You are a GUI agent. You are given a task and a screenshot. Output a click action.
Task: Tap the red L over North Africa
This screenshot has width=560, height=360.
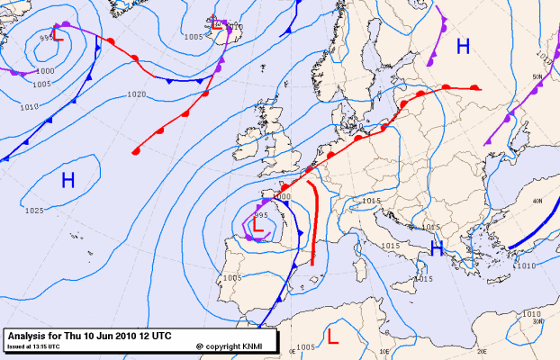pyautogui.click(x=332, y=337)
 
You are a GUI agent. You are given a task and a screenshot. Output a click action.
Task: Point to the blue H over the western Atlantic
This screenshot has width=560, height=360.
pyautogui.click(x=68, y=180)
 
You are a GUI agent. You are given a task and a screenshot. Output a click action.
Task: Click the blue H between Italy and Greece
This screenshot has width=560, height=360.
pyautogui.click(x=438, y=247)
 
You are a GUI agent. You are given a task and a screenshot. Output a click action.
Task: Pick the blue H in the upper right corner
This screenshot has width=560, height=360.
pyautogui.click(x=463, y=47)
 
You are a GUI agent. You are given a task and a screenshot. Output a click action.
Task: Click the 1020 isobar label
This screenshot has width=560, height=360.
pyautogui.click(x=137, y=94)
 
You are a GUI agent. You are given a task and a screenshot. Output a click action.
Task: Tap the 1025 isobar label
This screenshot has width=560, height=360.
pyautogui.click(x=34, y=211)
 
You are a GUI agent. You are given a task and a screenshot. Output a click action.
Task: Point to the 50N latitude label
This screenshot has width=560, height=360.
pyautogui.click(x=537, y=77)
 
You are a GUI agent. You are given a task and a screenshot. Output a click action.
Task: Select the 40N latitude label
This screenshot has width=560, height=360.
pyautogui.click(x=537, y=202)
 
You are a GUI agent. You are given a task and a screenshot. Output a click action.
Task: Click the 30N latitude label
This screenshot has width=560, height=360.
pyautogui.click(x=537, y=321)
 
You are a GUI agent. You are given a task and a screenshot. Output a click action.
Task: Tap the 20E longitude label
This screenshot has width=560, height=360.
pyautogui.click(x=481, y=353)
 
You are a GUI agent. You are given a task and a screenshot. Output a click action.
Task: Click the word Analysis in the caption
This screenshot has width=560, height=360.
pyautogui.click(x=27, y=336)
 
